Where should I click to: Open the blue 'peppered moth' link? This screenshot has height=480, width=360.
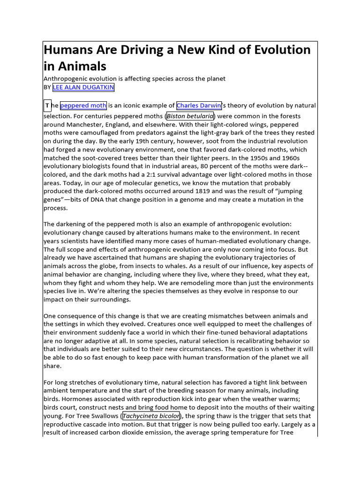[x=83, y=105]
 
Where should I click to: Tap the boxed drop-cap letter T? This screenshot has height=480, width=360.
[x=47, y=105]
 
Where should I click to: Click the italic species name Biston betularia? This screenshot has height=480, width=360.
[x=190, y=116]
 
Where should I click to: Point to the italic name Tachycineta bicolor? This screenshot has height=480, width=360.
[x=151, y=416]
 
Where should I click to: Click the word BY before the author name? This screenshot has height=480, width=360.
[x=47, y=87]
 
